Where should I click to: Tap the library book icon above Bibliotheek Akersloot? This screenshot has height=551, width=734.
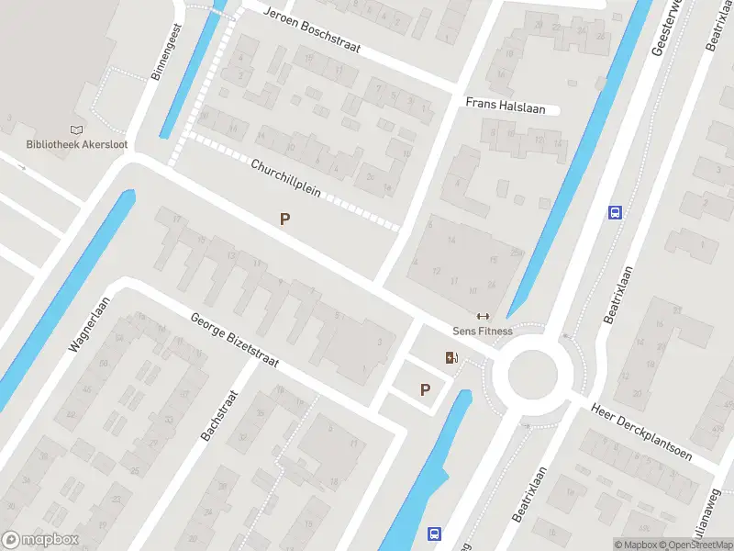76,130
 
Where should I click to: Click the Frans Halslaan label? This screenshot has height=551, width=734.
505,107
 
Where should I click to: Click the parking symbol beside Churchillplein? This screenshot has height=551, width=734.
285,219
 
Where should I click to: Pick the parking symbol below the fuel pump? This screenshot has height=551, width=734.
425,389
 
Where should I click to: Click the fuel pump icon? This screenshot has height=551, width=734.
450,358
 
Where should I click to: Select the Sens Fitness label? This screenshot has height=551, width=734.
483,331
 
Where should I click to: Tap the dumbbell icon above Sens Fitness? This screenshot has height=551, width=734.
483,317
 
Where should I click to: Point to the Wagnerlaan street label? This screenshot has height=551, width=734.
89,324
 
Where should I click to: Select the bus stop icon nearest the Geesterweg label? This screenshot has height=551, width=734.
615,212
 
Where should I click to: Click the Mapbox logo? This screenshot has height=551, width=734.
40,539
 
